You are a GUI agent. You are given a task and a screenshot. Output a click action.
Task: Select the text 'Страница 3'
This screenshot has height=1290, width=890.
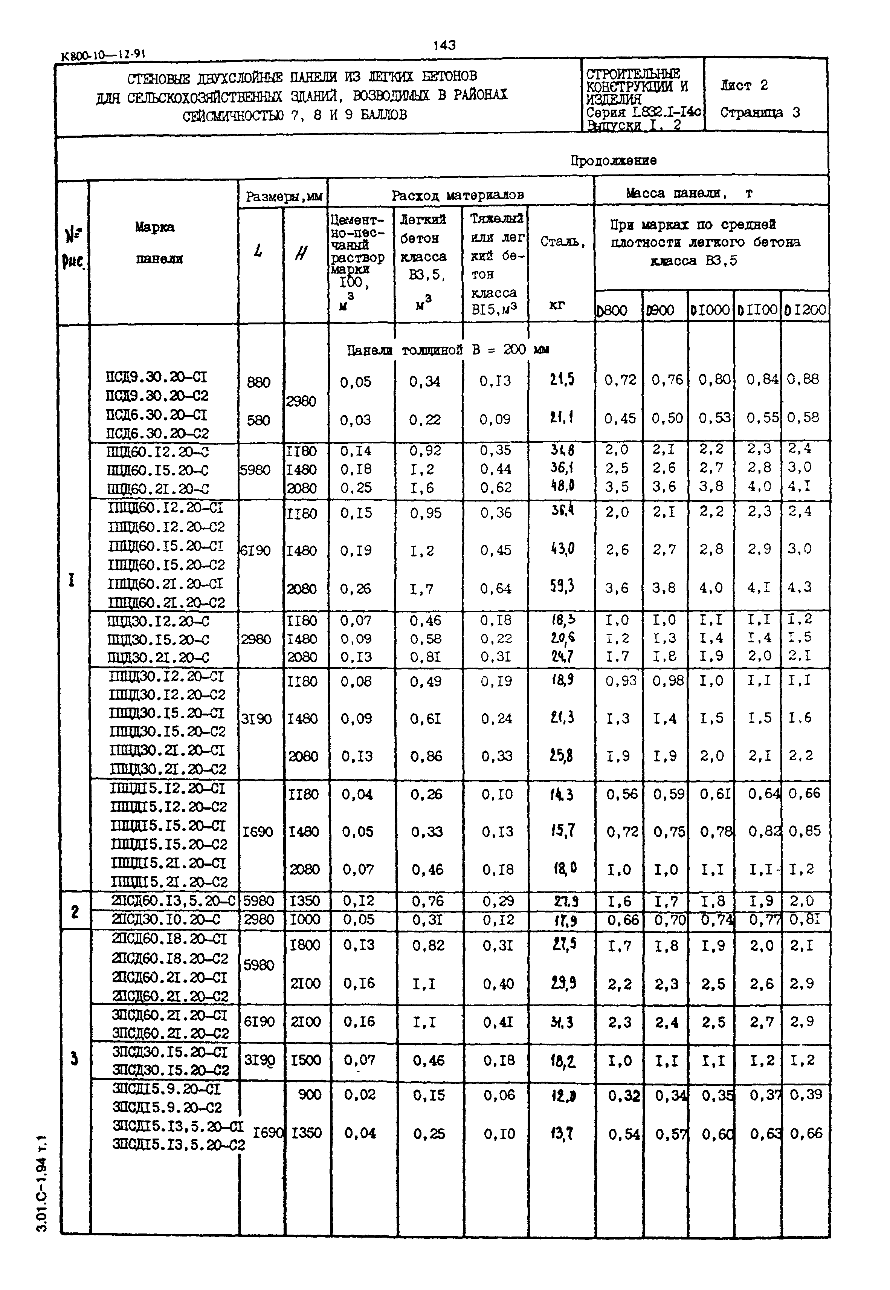760,113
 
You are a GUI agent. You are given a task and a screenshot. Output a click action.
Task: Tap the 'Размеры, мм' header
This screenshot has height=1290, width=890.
283,196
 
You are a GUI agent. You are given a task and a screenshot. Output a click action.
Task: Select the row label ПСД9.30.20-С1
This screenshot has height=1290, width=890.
157,378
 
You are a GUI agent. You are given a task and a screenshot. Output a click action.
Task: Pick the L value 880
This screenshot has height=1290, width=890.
258,383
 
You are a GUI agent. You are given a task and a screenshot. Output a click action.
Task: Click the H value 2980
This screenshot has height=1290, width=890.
301,402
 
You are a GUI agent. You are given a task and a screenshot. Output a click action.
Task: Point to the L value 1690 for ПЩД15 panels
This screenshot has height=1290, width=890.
257,832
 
